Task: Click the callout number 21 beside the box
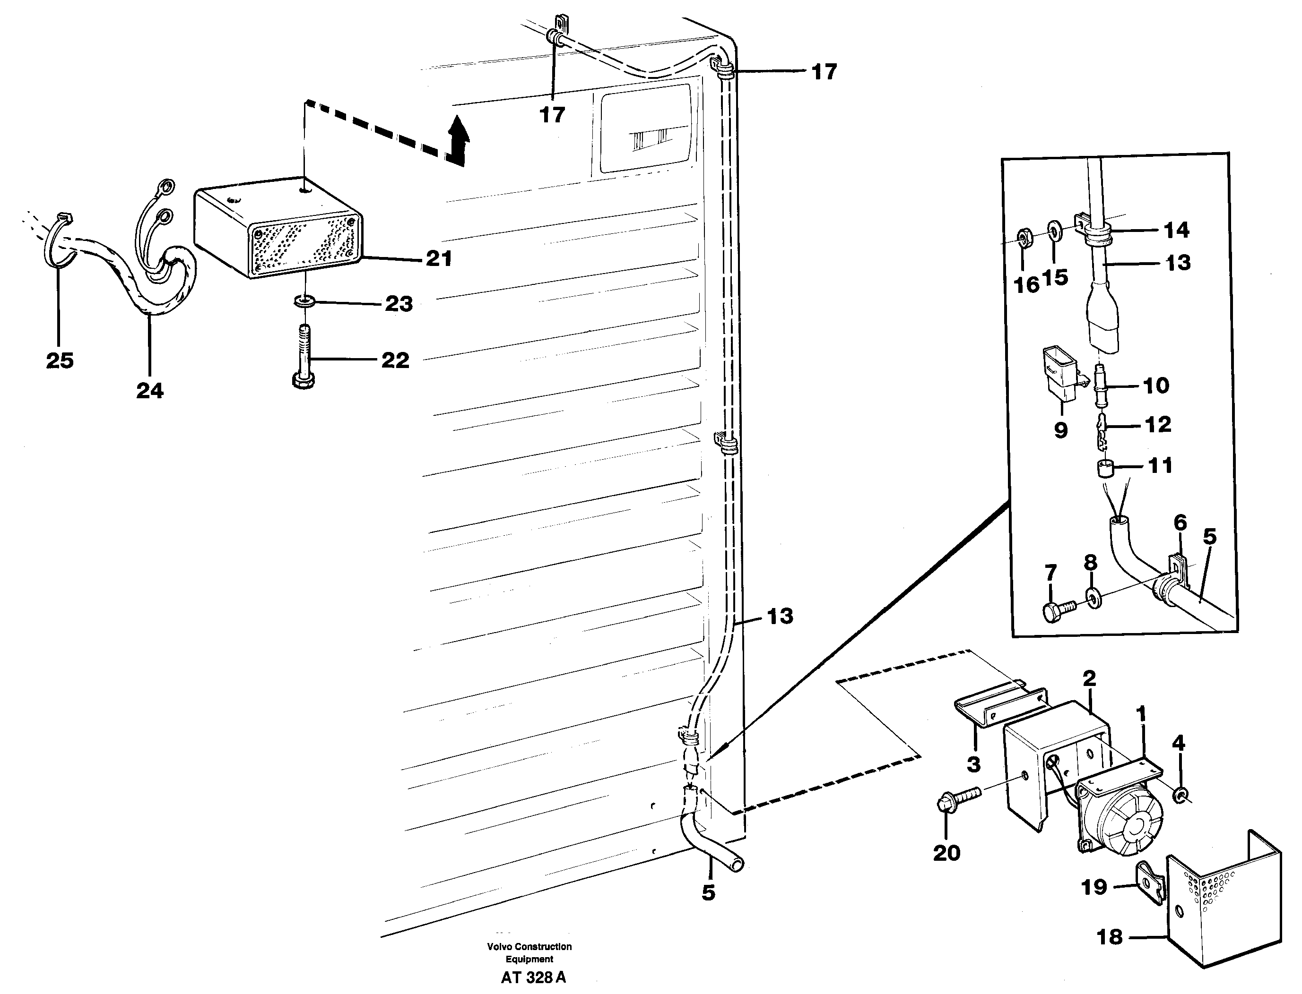pos(439,258)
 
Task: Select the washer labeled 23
pos(304,302)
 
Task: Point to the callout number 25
pos(60,360)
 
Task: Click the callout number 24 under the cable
pos(150,391)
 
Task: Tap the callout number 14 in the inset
pos(1176,230)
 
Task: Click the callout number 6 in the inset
pos(1180,523)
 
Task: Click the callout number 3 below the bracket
pos(973,764)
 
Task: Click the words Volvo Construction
pos(529,947)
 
